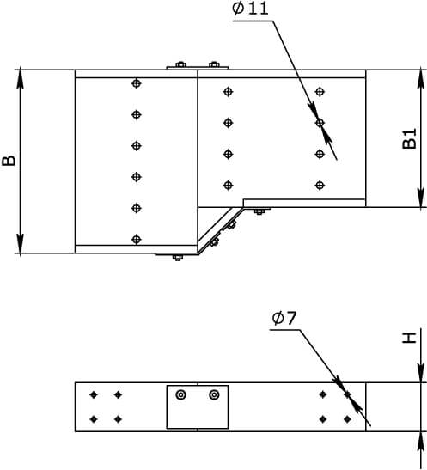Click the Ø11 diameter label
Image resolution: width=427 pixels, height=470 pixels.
coord(250,9)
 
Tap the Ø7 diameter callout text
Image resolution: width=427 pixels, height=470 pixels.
coord(284,318)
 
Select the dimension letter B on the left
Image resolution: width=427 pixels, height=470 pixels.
coord(9,161)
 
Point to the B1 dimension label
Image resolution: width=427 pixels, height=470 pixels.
coord(409,138)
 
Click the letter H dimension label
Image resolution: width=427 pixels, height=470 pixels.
coord(409,338)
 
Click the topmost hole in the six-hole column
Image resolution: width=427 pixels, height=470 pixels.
coord(137,83)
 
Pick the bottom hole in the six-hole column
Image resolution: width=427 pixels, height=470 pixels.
coord(137,239)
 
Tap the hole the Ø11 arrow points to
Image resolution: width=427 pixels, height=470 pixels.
coord(320,123)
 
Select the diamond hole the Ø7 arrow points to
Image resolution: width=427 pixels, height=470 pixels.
coord(347,394)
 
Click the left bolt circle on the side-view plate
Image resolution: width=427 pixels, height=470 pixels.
coord(180,394)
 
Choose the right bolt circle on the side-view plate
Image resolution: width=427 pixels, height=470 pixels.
coord(214,394)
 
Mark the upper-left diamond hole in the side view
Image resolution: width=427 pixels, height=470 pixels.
coord(94,394)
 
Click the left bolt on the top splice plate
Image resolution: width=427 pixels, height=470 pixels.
coord(180,64)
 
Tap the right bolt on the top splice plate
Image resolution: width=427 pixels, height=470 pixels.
coord(214,64)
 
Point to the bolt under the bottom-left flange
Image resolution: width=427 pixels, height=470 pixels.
coord(177,258)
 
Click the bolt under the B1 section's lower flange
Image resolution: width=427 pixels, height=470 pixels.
coord(259,211)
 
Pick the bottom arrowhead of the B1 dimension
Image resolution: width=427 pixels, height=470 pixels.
coord(421,198)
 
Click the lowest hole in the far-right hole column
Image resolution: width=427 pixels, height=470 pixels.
coord(320,185)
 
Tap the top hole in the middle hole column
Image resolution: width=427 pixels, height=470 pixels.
coord(229,91)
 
